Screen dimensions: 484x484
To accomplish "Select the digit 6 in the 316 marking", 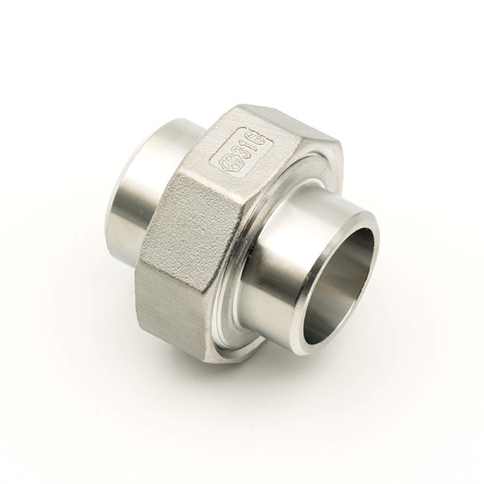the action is [x=262, y=139].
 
